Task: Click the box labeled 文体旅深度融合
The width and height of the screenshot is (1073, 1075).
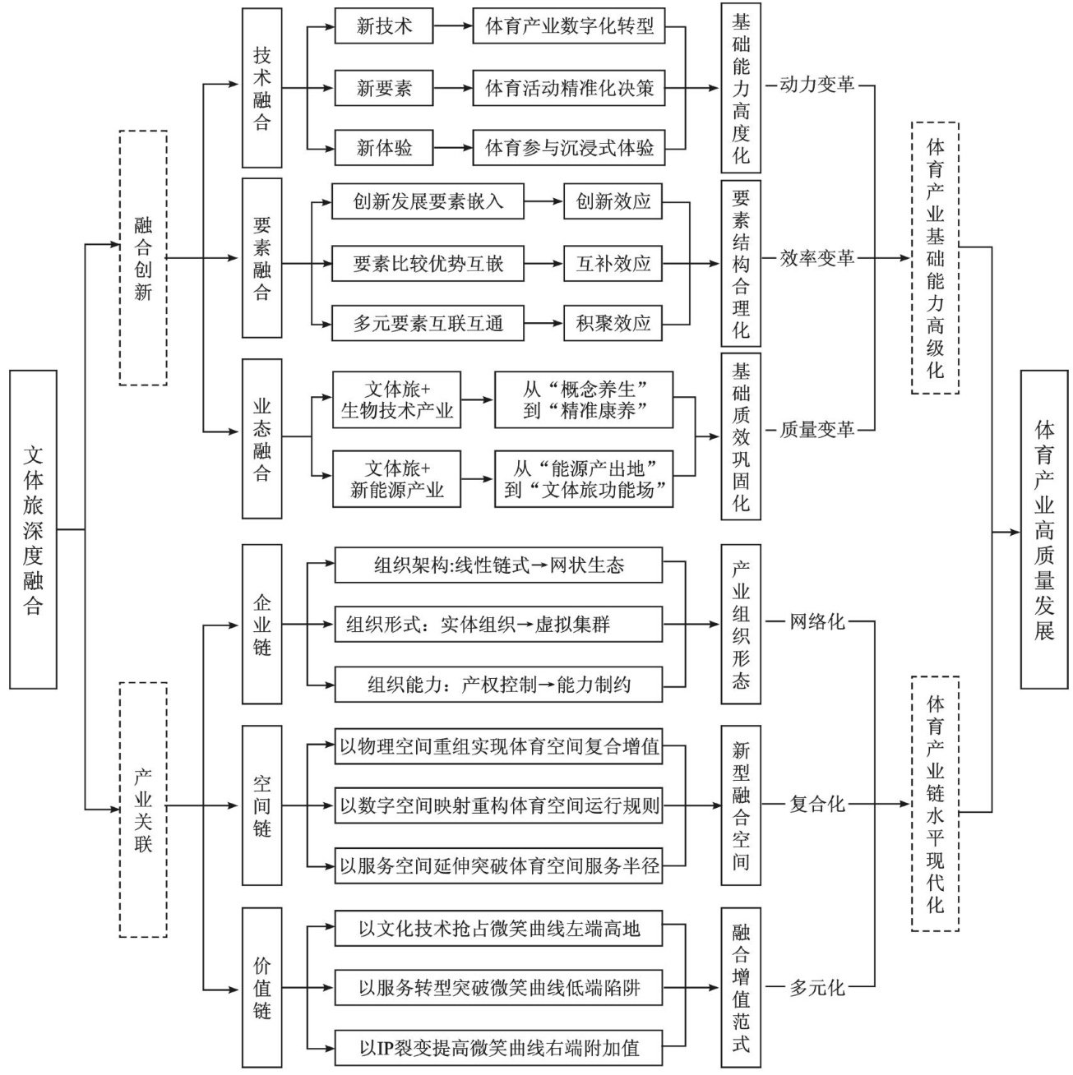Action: coord(33,529)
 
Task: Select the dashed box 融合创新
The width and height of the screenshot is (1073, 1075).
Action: coord(143,257)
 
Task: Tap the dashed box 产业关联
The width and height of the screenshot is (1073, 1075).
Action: coord(143,810)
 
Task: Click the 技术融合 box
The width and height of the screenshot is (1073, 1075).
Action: coord(261,89)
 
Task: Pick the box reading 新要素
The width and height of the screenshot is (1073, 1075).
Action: coord(384,88)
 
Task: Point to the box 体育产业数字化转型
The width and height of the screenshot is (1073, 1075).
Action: coord(568,27)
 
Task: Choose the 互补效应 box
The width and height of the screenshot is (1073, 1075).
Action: coord(613,264)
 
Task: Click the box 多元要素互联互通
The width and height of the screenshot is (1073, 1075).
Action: coord(428,324)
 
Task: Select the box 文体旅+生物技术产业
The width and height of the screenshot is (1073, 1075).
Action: coord(397,399)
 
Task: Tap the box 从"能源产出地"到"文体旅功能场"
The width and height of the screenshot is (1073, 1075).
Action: coord(584,479)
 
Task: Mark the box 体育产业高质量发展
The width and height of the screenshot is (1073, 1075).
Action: coord(1044,529)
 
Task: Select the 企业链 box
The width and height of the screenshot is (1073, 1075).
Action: coord(261,624)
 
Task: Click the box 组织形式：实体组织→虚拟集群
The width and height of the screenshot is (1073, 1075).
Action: coord(498,625)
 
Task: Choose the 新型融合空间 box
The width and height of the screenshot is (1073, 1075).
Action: coord(741,805)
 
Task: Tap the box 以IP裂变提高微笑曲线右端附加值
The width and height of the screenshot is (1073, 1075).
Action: coord(498,1048)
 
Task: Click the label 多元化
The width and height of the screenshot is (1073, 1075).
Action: coord(816,987)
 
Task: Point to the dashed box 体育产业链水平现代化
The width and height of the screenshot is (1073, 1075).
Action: coord(935,803)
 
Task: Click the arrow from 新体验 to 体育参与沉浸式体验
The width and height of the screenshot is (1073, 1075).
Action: coord(453,149)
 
